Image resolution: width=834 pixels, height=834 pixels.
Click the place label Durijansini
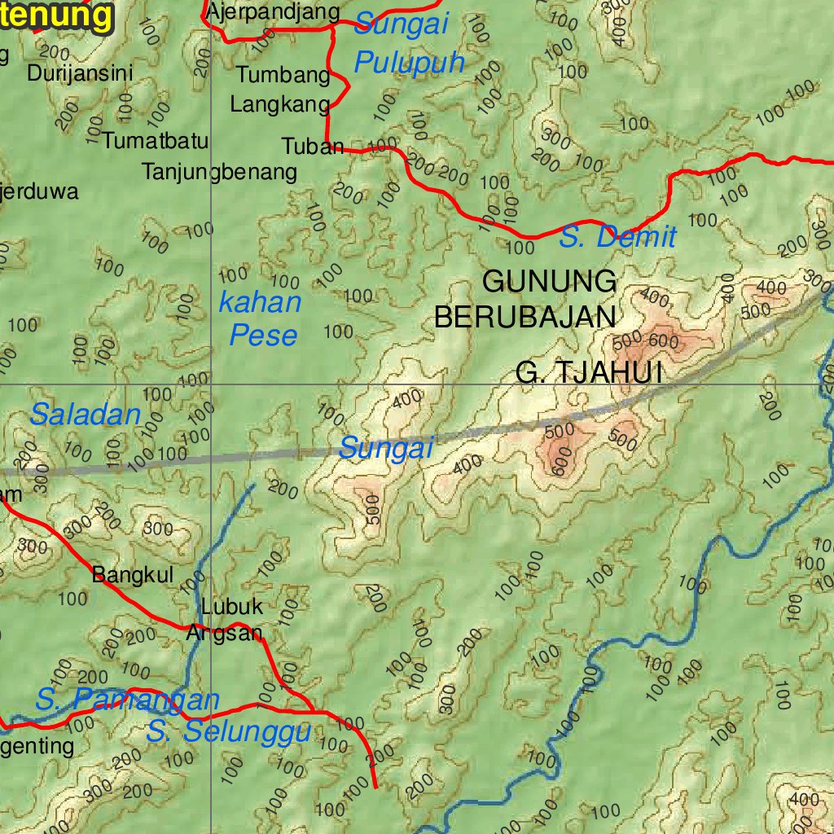tap(80, 73)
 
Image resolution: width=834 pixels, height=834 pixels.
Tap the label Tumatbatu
tap(156, 141)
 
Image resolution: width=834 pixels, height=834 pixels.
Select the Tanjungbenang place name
tap(219, 173)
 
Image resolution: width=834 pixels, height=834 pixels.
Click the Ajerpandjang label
tap(273, 11)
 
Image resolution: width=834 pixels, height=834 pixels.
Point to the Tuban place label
tap(313, 147)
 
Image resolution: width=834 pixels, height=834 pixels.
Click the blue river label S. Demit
tap(617, 238)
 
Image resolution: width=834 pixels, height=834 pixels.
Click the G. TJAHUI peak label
tap(589, 373)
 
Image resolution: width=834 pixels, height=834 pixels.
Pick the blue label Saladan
tap(86, 415)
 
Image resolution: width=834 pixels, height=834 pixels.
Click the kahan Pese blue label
tap(261, 318)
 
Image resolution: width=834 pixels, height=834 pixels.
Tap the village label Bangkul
tap(133, 575)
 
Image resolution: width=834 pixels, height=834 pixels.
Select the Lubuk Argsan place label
tap(227, 620)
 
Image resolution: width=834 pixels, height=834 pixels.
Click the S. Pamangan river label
tap(127, 699)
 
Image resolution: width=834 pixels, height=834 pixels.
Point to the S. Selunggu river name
tap(229, 731)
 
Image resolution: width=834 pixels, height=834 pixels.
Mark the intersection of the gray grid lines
tap(212, 383)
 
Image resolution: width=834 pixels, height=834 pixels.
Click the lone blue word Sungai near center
tap(385, 447)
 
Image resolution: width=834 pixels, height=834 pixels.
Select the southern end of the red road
tap(375, 787)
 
